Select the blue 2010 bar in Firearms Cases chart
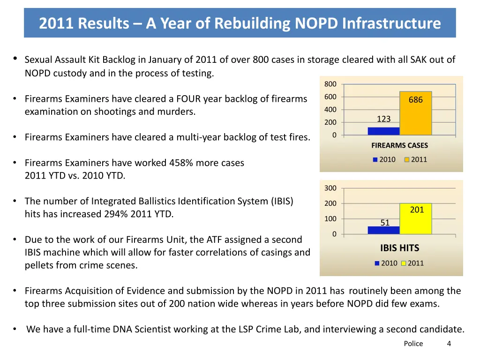[383, 131]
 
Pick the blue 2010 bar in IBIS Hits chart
[383, 230]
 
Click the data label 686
[415, 100]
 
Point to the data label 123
[383, 119]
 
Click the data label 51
[385, 223]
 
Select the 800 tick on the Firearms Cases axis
[330, 84]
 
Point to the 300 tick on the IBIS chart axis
[330, 188]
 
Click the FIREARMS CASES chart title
[399, 145]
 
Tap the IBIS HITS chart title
[399, 248]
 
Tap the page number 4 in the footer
[449, 344]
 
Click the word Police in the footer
[413, 344]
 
